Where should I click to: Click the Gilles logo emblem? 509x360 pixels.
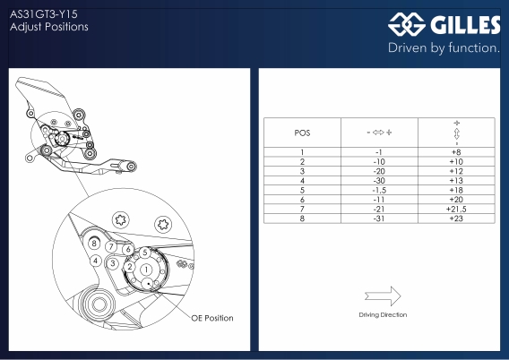[x=407, y=24]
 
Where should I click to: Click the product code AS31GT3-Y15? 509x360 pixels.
[x=44, y=14]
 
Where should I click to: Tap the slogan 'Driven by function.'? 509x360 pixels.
[x=444, y=48]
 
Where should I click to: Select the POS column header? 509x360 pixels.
[x=302, y=133]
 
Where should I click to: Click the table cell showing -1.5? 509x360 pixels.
[x=379, y=190]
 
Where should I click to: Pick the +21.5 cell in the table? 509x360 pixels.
[x=456, y=210]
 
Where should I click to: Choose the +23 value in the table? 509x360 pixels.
[x=456, y=219]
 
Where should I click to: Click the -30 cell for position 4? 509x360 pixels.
[x=379, y=181]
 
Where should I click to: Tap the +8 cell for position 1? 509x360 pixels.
[x=456, y=152]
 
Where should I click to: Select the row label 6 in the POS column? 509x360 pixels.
[x=302, y=200]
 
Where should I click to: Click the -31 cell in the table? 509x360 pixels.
[x=379, y=219]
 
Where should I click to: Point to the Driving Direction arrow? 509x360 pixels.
[x=383, y=296]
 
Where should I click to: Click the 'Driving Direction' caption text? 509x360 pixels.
[x=383, y=314]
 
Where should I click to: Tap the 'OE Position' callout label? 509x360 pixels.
[x=212, y=318]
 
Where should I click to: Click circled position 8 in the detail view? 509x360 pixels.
[x=94, y=243]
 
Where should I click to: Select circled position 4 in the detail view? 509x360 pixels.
[x=95, y=261]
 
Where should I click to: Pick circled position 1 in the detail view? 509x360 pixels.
[x=146, y=270]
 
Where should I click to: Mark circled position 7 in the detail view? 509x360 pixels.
[x=111, y=246]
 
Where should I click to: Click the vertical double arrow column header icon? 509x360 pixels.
[x=456, y=133]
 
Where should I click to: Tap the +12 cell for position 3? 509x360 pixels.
[x=456, y=171]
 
